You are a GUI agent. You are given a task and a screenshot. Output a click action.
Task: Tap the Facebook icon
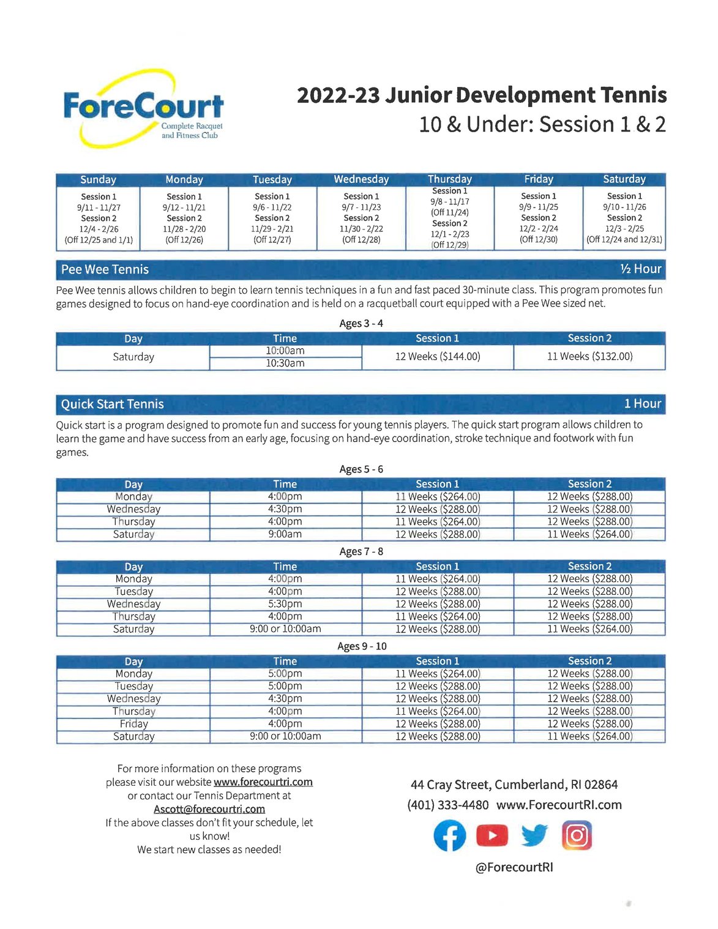(450, 835)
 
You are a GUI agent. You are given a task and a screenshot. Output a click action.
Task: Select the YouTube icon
(492, 835)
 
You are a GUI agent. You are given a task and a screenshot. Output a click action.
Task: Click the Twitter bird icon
(534, 835)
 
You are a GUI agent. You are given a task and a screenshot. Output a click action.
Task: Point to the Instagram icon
(577, 835)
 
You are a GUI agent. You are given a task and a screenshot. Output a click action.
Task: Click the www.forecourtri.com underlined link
(263, 782)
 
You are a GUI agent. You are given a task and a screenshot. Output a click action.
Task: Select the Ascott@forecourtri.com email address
(209, 809)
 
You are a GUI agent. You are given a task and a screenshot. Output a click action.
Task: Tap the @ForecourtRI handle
(514, 867)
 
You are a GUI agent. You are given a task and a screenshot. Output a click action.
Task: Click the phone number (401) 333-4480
(447, 805)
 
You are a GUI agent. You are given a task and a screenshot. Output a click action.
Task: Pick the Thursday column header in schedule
(450, 179)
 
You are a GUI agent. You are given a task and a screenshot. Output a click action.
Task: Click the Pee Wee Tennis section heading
(105, 269)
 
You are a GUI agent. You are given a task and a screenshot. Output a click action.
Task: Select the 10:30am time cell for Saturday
(285, 364)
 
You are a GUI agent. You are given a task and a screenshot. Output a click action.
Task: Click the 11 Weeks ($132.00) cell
(589, 356)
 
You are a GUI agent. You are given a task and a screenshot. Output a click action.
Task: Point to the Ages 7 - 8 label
(361, 551)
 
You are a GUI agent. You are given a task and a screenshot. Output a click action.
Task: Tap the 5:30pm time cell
(285, 604)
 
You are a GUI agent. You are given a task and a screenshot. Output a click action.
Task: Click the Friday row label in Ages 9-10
(133, 724)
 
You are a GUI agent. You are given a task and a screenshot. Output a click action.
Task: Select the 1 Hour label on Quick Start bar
(642, 404)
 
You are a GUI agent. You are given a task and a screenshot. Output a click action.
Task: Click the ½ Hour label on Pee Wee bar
(640, 269)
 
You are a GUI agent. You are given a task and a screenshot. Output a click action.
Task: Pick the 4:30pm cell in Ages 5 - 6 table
(285, 509)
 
